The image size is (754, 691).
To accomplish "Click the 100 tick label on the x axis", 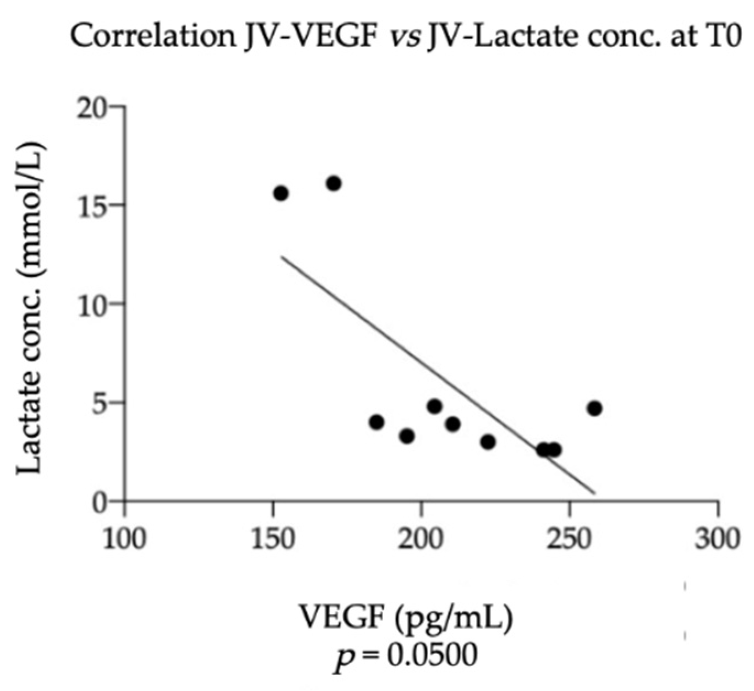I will pos(125,538).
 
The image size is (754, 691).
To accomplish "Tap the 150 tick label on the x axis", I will pos(273,538).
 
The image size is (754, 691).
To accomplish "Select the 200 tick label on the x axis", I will pos(422,538).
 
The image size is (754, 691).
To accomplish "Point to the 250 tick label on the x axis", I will pos(570,538).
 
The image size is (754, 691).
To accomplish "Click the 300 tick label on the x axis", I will pos(718,538).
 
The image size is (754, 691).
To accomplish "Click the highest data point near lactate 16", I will pos(334,183).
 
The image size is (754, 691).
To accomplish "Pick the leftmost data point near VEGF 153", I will pos(281,193).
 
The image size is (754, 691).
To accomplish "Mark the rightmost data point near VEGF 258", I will pos(594,409).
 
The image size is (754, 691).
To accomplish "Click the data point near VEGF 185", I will pos(376,422).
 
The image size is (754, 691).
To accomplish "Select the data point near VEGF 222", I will pos(488,442).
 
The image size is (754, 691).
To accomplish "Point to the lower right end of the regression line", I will pos(594,493).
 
